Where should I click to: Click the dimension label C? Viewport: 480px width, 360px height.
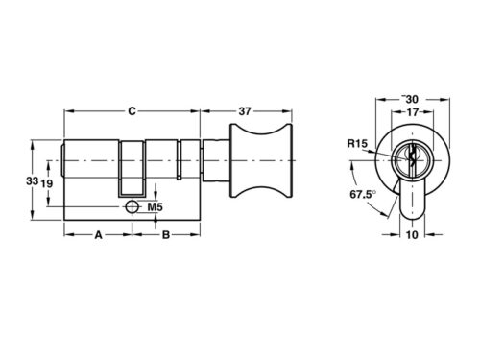click(x=132, y=111)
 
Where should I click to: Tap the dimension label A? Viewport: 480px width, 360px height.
click(x=98, y=233)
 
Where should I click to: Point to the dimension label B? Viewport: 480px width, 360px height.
click(x=165, y=233)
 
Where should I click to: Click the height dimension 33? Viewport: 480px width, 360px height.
click(x=32, y=181)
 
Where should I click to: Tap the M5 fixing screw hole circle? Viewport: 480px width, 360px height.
click(x=132, y=206)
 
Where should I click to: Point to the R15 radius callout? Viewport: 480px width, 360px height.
click(x=357, y=145)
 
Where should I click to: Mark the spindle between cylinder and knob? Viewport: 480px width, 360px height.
click(x=216, y=159)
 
